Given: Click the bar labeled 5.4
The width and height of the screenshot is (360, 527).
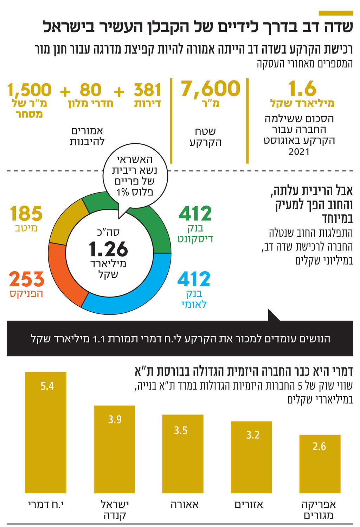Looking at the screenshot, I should [46, 432].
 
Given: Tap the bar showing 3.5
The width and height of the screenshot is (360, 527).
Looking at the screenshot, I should [182, 454].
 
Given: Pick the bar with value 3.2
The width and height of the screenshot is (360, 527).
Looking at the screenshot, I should [251, 457].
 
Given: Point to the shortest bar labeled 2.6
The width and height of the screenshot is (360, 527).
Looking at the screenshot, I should [320, 464].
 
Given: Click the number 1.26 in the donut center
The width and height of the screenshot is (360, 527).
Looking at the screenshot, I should [108, 249].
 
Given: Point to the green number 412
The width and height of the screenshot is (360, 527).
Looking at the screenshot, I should [195, 214].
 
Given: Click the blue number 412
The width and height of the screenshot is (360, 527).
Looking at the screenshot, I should [194, 279].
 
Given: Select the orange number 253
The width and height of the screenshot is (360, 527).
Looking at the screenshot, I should [27, 280].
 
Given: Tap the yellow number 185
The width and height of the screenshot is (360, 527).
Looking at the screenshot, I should [26, 214].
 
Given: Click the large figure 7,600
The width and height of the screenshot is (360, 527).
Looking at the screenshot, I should [210, 89].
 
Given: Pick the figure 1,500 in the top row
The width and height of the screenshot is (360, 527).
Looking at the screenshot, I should [30, 90].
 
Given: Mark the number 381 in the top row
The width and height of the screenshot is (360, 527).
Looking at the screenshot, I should [147, 90].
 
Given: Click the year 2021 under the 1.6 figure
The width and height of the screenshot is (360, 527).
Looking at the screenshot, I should [299, 152].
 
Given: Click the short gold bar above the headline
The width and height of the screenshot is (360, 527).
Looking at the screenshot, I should [335, 13].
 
